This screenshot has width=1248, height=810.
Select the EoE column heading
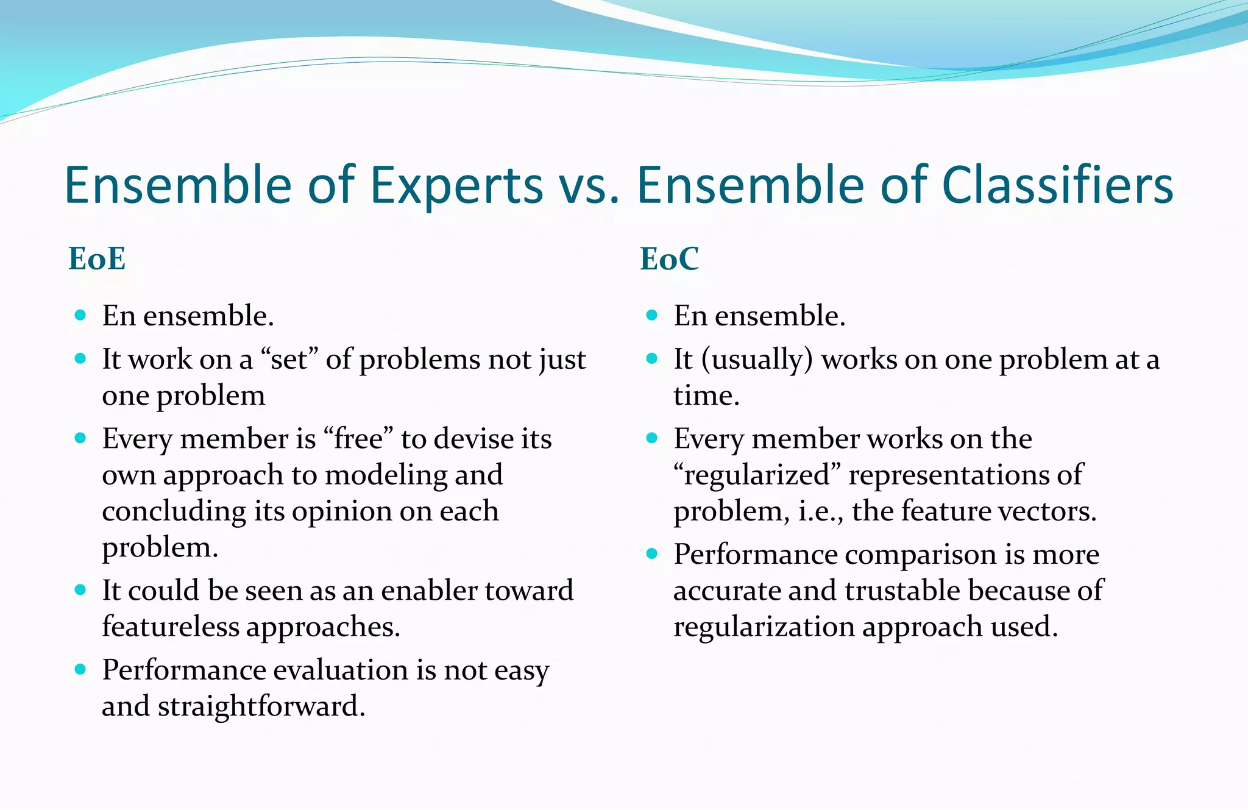click(97, 258)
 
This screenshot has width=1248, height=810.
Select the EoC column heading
click(669, 258)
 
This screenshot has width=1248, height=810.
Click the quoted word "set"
click(289, 360)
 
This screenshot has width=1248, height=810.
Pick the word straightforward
click(261, 706)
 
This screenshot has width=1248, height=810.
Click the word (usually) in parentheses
click(757, 360)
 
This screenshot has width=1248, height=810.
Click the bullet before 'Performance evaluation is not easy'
click(80, 669)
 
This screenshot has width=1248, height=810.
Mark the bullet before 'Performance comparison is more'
click(651, 553)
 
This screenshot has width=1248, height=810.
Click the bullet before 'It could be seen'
click(80, 589)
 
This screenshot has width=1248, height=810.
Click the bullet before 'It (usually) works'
click(651, 358)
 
